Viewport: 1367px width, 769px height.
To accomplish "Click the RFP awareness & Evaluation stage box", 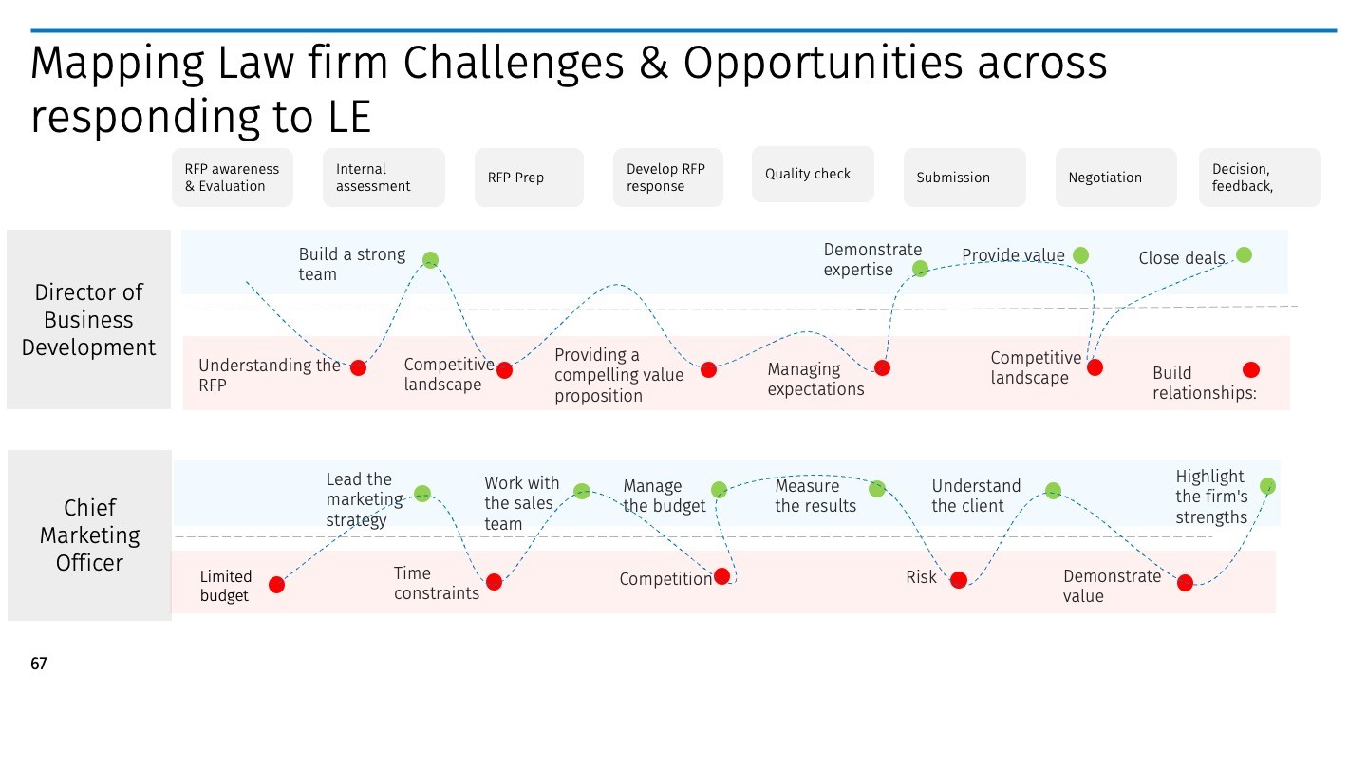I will pos(233,178).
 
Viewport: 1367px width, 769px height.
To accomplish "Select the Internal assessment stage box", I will pos(384,178).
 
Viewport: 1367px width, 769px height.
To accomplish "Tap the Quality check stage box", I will pos(813,174).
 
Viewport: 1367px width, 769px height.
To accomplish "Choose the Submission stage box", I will pos(964,178).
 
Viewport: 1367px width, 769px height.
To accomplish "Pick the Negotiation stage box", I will pos(1115,178).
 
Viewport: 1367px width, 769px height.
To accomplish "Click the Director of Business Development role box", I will pos(88,320).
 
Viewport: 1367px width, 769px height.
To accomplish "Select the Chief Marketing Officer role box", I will pos(89,535).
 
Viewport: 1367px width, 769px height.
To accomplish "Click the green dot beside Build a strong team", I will pos(430,259).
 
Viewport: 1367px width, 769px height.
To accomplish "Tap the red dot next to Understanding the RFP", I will pos(358,367).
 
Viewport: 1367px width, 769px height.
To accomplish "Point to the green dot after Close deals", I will pos(1244,254).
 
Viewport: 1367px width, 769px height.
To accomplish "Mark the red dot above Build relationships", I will pos(1250,369).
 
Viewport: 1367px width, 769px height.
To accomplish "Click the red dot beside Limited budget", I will pos(276,585).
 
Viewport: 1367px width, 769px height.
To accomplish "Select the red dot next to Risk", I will pos(959,580).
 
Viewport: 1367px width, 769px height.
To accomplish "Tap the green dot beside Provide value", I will pos(1080,254).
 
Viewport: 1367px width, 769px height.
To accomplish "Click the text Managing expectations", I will pos(815,379).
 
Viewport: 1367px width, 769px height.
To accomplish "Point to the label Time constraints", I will pos(437,583).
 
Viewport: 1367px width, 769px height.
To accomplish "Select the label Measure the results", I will pos(815,496).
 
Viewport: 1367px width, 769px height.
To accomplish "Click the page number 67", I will pos(39,664).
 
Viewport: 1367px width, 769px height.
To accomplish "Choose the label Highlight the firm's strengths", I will pos(1211,497).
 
